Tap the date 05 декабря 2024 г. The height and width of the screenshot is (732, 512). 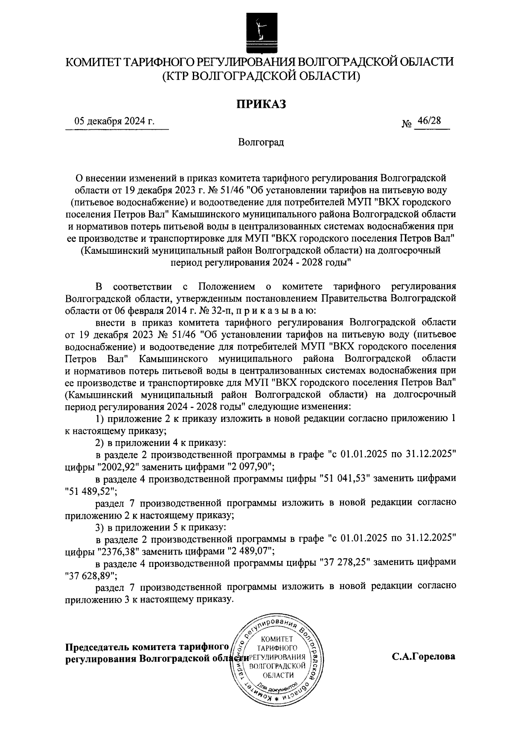pyautogui.click(x=114, y=121)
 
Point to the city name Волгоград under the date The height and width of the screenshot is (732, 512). pyautogui.click(x=261, y=142)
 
